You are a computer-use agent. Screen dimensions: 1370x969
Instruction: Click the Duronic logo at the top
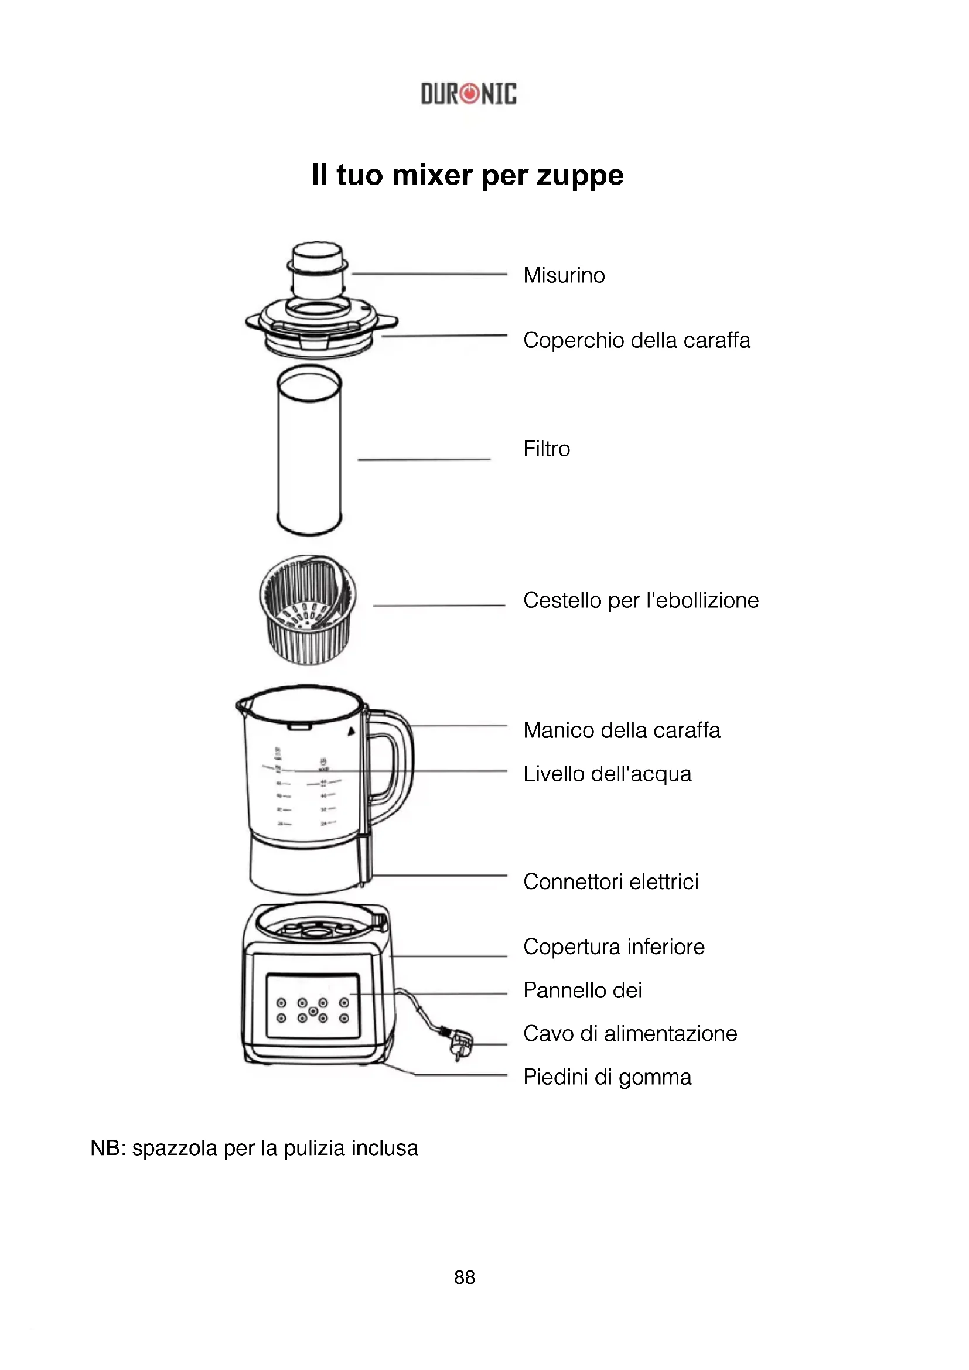[469, 94]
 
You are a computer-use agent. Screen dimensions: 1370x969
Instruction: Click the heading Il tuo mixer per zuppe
[467, 175]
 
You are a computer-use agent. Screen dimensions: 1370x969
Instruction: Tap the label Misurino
[564, 275]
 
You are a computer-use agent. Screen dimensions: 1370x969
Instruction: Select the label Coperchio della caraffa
[636, 340]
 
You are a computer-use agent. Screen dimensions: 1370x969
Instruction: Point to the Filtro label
[547, 449]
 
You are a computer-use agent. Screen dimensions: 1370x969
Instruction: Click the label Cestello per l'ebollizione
[640, 600]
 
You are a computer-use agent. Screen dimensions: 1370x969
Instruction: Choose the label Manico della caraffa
[621, 730]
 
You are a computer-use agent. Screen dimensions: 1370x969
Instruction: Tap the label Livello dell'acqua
[607, 774]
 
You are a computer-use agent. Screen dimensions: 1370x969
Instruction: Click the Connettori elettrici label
[610, 882]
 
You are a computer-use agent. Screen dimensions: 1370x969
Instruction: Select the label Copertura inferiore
[613, 947]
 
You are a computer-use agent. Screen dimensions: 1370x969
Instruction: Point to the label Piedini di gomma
[607, 1077]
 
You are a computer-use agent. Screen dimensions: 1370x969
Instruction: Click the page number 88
[464, 1277]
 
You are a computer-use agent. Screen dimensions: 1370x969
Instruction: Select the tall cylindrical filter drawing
[309, 450]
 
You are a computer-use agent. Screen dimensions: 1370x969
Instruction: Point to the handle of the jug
[394, 764]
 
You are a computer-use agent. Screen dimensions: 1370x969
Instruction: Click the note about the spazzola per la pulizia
[254, 1149]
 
